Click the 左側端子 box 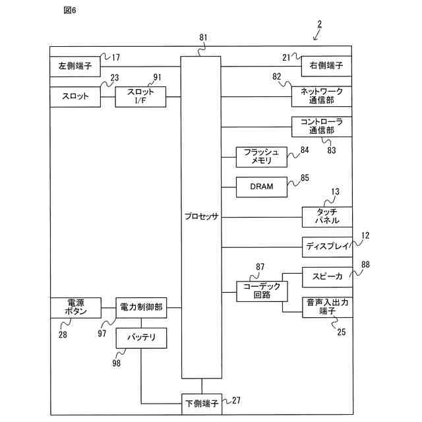[75, 67]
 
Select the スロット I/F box [140, 97]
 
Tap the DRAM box [262, 187]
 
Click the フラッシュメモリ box [262, 157]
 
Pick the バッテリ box [141, 338]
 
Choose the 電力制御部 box [141, 308]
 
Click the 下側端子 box [202, 404]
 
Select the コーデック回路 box [262, 291]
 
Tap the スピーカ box [327, 277]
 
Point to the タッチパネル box [327, 217]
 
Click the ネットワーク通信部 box [322, 96]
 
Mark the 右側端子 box [326, 66]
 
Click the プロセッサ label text [201, 216]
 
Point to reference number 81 [203, 38]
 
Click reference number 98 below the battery [116, 363]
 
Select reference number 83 [332, 150]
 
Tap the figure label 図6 [70, 11]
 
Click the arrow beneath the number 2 [316, 35]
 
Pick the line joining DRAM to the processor [229, 187]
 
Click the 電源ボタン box [76, 308]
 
